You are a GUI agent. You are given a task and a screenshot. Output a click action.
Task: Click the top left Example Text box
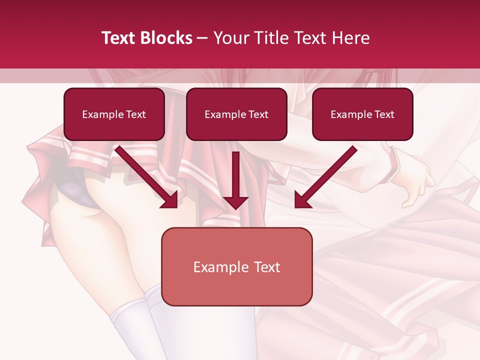tap(114, 114)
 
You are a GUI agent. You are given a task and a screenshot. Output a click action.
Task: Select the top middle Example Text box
tap(236, 114)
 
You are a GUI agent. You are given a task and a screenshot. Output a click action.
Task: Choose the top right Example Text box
tap(362, 114)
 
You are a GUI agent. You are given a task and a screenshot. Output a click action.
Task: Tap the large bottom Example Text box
tap(236, 266)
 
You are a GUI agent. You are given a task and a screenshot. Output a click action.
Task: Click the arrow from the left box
tap(147, 177)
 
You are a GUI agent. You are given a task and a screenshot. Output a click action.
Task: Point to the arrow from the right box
tap(325, 177)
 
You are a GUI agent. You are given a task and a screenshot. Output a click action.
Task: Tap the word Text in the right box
tap(384, 114)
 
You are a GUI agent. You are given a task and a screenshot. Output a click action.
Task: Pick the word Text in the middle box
tap(258, 114)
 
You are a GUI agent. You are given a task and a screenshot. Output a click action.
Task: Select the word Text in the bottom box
tap(267, 267)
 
